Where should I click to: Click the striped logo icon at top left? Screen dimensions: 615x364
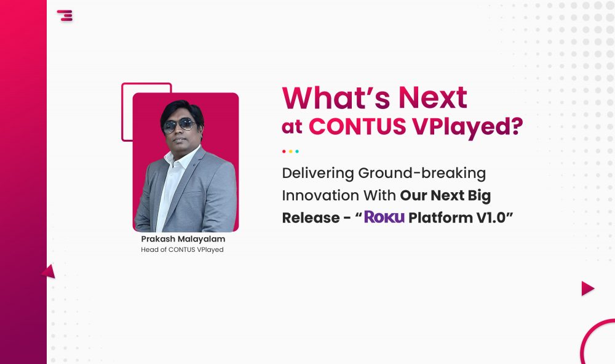pyautogui.click(x=65, y=15)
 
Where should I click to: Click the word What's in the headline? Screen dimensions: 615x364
pyautogui.click(x=336, y=97)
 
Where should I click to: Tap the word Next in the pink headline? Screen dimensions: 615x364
pyautogui.click(x=433, y=97)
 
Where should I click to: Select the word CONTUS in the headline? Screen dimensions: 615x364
pyautogui.click(x=357, y=126)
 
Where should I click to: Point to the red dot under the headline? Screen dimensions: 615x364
pyautogui.click(x=284, y=151)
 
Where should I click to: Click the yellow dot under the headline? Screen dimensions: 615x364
pyautogui.click(x=291, y=151)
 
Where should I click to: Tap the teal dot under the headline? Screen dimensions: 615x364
pyautogui.click(x=297, y=151)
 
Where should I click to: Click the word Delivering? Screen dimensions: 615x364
pyautogui.click(x=318, y=173)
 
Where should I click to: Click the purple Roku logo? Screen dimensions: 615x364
pyautogui.click(x=384, y=217)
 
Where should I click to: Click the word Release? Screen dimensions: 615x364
pyautogui.click(x=311, y=217)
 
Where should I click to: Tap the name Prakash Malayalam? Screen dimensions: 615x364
pyautogui.click(x=183, y=239)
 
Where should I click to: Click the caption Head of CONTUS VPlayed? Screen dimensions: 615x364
pyautogui.click(x=183, y=249)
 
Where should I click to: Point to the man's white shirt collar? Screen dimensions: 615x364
pyautogui.click(x=181, y=155)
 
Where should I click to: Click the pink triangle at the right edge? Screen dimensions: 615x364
pyautogui.click(x=587, y=288)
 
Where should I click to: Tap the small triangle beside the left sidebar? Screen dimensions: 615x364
pyautogui.click(x=49, y=272)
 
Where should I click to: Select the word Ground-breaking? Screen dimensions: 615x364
pyautogui.click(x=422, y=173)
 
